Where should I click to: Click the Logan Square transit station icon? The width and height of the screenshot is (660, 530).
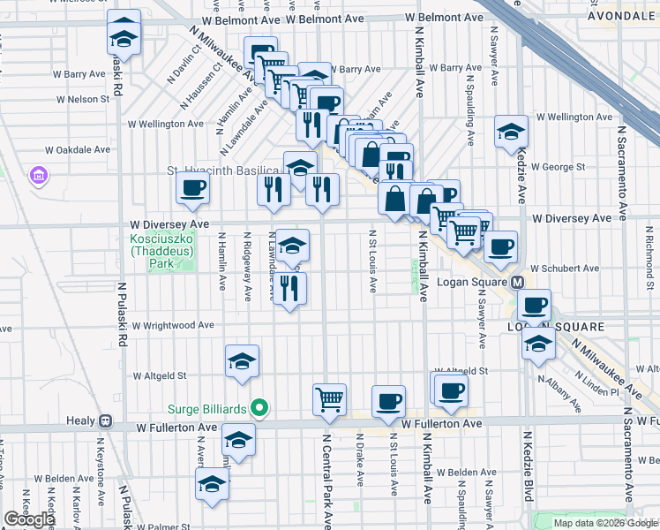[518, 283]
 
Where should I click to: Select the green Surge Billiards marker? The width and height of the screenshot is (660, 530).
[259, 408]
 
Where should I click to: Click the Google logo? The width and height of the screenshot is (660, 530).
[30, 519]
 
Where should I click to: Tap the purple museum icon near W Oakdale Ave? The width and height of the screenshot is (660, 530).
[38, 177]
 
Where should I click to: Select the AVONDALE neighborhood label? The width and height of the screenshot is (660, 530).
[623, 16]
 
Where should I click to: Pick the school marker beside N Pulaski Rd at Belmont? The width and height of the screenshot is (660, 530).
[124, 37]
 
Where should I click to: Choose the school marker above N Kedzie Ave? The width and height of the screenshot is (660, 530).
[510, 132]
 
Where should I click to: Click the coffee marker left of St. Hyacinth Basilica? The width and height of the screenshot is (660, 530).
[192, 186]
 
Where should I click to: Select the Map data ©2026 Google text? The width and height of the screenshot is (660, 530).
[604, 523]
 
